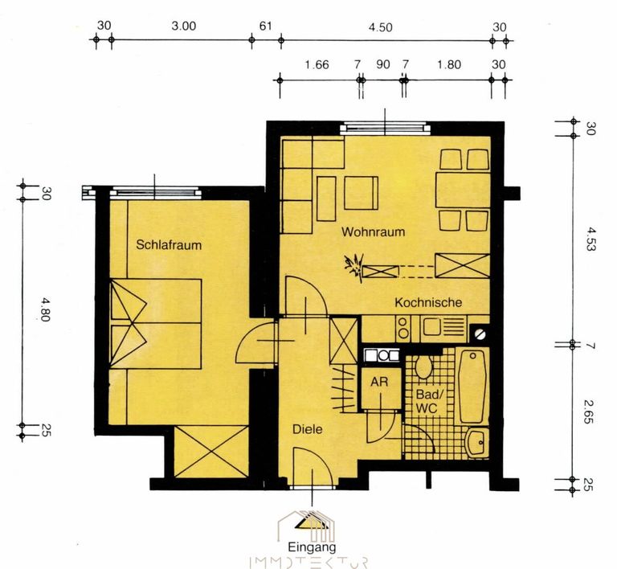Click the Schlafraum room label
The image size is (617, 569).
pos(169,245)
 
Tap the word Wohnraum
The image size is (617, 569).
pos(373,231)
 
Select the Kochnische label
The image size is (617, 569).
pos(428,302)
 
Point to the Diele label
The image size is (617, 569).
pos(308,429)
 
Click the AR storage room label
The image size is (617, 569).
pos(379,381)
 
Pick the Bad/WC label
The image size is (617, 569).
pos(427,401)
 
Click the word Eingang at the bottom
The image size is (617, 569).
pos(312,547)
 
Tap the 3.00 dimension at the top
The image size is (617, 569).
pos(184,26)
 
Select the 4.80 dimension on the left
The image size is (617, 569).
pos(44,309)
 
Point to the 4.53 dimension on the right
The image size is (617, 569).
pos(591,239)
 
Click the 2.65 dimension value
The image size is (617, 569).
pos(589,412)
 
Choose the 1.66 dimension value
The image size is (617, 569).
pos(317,64)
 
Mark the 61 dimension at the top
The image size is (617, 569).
pos(266,26)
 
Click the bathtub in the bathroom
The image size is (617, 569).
pos(472,387)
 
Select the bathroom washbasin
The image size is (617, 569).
pos(477,443)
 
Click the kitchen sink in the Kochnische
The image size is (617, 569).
pos(443,327)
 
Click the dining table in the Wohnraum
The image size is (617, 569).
pos(463,190)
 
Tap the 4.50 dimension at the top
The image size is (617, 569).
pos(380,27)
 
